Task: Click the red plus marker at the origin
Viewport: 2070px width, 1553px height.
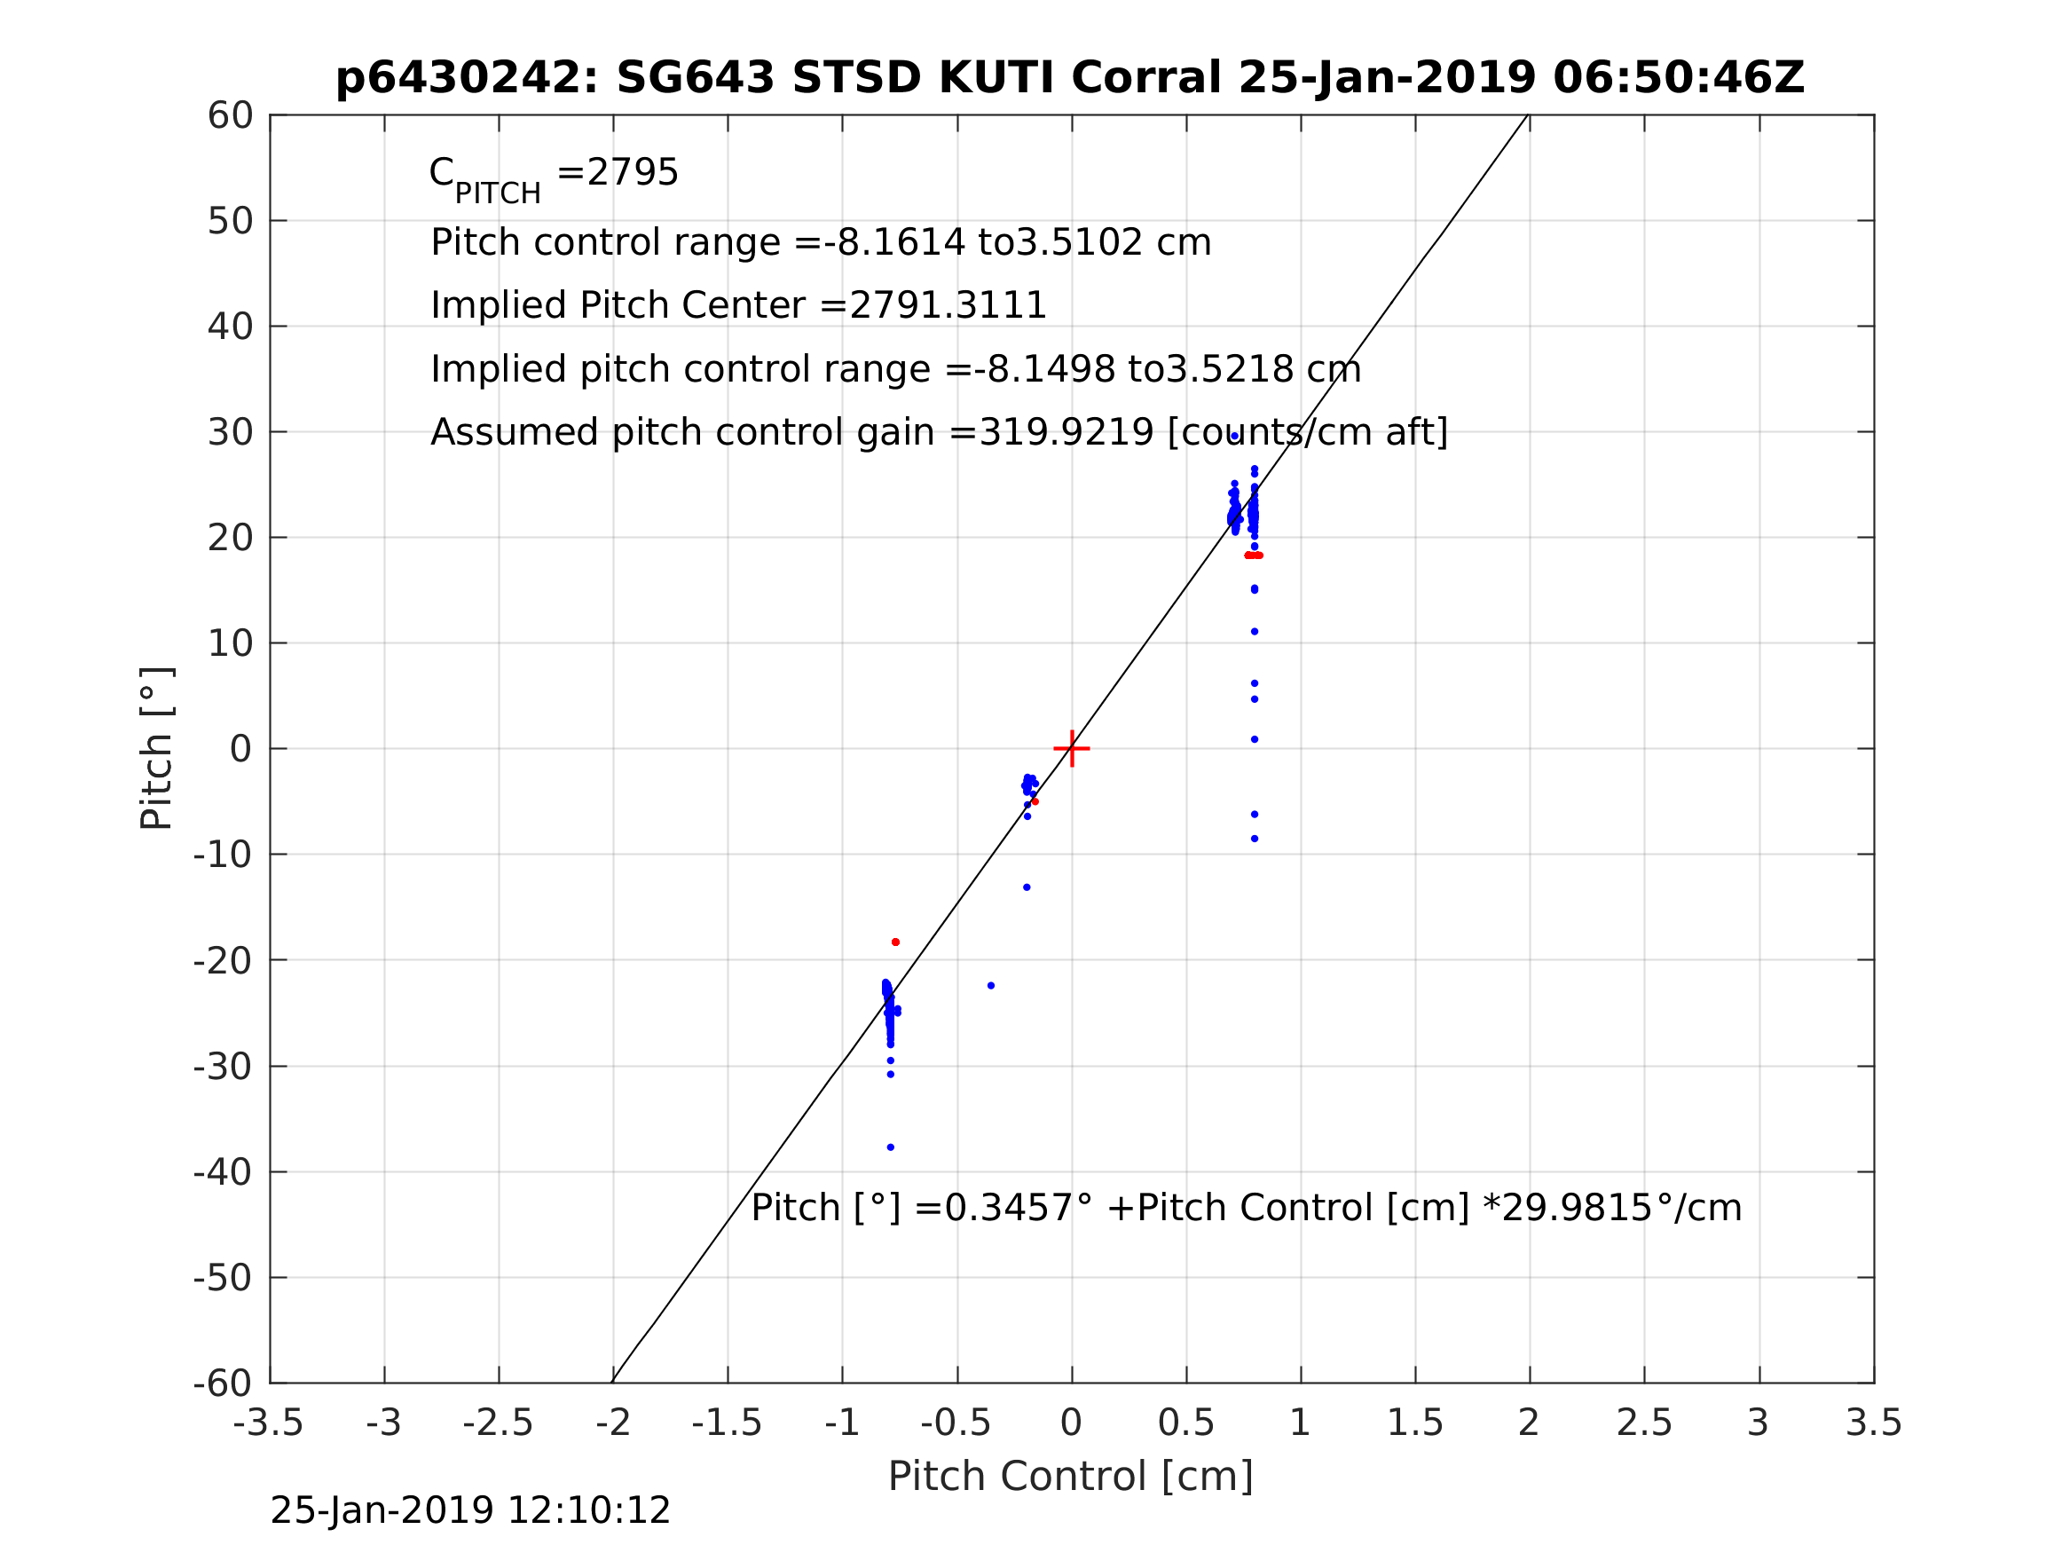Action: point(1072,749)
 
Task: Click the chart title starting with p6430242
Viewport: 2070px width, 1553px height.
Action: point(1070,78)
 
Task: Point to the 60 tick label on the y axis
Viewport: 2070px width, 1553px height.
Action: point(230,116)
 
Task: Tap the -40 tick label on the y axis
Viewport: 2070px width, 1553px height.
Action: point(223,1172)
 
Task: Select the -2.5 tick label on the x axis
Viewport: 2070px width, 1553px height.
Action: point(498,1423)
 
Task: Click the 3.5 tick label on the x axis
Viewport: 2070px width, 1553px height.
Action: point(1874,1423)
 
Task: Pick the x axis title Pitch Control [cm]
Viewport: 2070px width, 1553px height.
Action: point(1070,1477)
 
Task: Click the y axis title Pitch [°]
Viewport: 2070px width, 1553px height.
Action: point(156,749)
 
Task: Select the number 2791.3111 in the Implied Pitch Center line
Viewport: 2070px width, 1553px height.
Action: point(947,306)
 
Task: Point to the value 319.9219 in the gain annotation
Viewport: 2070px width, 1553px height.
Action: point(1066,432)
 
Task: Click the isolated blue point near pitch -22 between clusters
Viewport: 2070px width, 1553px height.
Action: point(991,986)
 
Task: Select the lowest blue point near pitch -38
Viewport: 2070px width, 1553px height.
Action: point(890,1147)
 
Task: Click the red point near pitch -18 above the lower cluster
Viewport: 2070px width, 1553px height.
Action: point(895,942)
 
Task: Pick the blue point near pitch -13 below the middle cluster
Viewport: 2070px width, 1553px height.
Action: point(1027,887)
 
